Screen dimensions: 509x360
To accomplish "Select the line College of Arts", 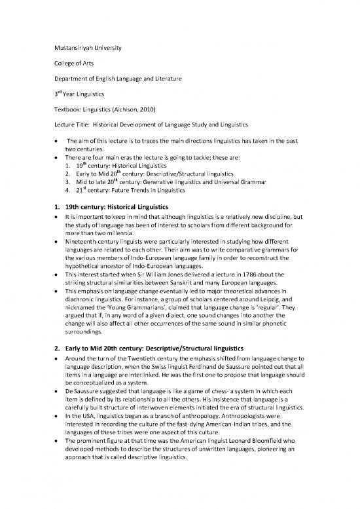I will [x=71, y=64].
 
